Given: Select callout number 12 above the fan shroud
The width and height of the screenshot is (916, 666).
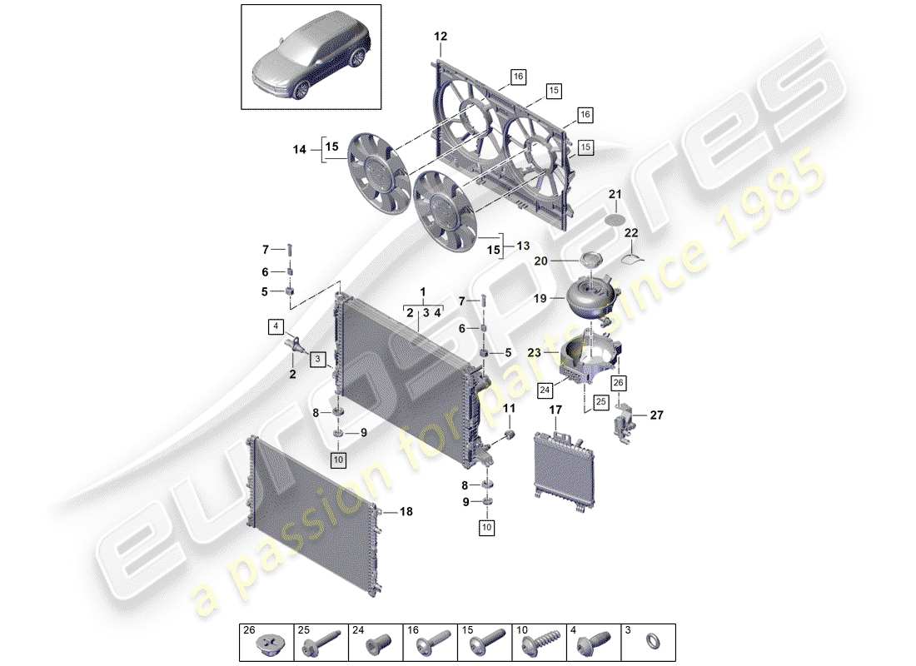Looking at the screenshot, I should (x=440, y=37).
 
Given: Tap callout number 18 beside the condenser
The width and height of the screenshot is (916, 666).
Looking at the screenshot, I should (x=406, y=512).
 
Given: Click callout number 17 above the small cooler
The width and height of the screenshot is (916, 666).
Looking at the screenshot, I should (x=555, y=410).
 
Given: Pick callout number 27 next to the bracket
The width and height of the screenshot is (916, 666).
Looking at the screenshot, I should (x=656, y=414).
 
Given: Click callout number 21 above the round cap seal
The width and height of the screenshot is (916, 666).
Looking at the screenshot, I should (x=615, y=195).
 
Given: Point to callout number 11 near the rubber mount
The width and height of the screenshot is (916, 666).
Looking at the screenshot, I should (x=508, y=408).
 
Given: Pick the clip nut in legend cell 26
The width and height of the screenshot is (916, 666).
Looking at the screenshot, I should (x=271, y=643).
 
